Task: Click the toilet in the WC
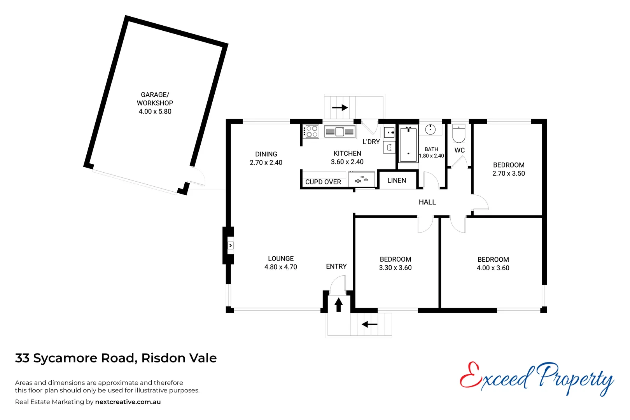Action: [x=459, y=133]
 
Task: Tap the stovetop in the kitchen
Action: [x=312, y=131]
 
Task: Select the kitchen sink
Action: [x=340, y=131]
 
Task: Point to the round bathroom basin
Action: [x=430, y=129]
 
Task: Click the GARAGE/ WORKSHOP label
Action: [x=155, y=99]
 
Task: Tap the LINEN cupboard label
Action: [x=397, y=180]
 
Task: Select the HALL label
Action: [x=427, y=202]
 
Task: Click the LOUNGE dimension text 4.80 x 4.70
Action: [x=281, y=267]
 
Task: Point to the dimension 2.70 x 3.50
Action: [x=509, y=173]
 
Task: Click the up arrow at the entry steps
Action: [x=339, y=304]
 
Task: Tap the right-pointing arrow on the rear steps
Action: [x=340, y=107]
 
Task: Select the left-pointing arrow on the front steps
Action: [x=369, y=324]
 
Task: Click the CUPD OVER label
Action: [x=323, y=182]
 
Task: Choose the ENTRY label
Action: [x=336, y=266]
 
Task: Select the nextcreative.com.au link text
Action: [x=128, y=402]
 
